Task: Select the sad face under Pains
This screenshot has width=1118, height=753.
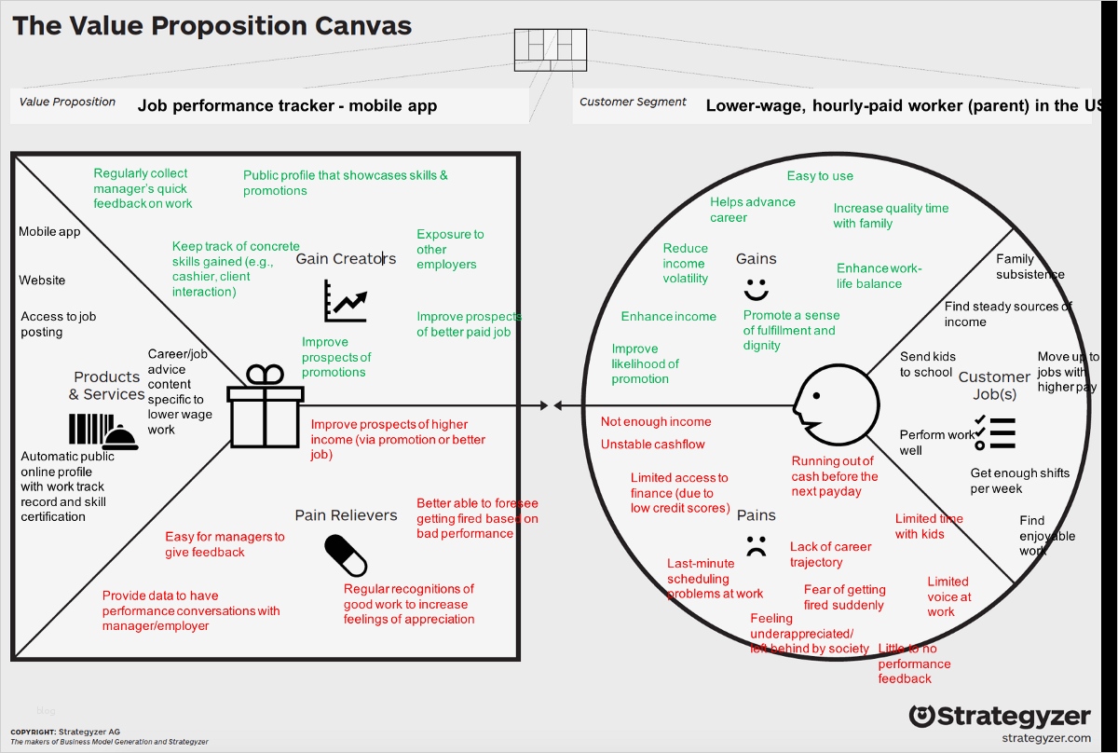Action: click(x=756, y=546)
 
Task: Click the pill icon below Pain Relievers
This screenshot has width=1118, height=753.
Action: click(x=346, y=555)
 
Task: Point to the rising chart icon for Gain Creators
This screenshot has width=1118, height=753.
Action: click(x=346, y=300)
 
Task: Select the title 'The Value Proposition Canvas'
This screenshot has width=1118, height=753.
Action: click(x=211, y=25)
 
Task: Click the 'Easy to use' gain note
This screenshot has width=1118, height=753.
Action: click(x=820, y=176)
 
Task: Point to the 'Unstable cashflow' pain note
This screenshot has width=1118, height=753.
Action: click(x=652, y=445)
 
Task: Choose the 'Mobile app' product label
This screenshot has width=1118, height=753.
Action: click(x=49, y=232)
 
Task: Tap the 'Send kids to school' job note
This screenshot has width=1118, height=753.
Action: click(x=927, y=364)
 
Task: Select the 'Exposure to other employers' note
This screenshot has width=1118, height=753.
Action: click(x=450, y=250)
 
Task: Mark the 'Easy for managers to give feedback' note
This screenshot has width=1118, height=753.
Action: click(x=225, y=544)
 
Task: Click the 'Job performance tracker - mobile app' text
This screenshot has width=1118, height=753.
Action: click(x=287, y=106)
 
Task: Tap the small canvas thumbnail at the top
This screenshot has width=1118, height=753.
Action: click(x=551, y=49)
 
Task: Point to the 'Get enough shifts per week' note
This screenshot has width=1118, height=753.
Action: click(x=1019, y=481)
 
